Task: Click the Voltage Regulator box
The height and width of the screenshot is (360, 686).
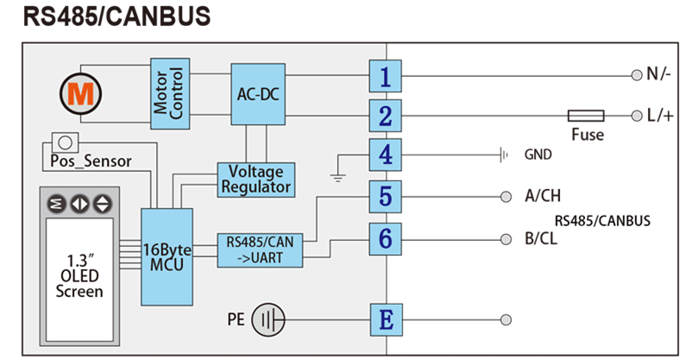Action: coord(256,178)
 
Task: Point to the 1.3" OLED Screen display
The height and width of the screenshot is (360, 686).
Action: coord(79,273)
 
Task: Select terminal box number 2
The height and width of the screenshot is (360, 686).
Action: coord(385,116)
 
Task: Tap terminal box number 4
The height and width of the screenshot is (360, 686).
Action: coord(385,155)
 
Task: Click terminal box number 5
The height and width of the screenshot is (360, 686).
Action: coord(385,196)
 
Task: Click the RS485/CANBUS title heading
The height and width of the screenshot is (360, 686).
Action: coord(116,17)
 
